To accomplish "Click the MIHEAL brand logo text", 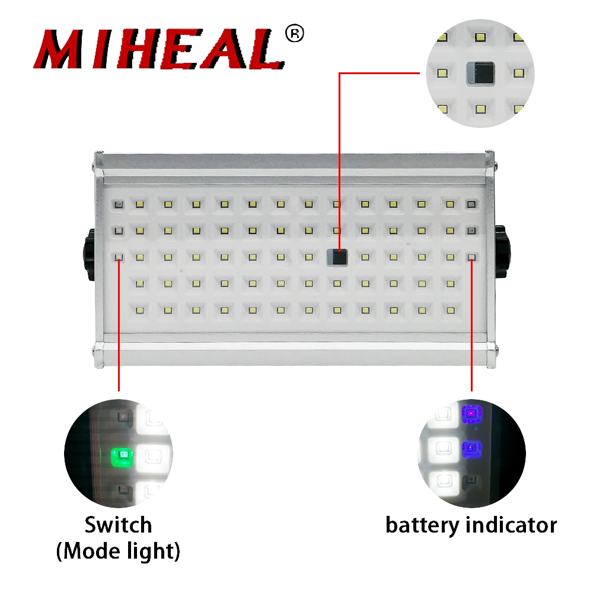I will click(157, 50).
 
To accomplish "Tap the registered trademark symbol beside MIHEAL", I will click(294, 34).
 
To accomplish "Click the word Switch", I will click(118, 525).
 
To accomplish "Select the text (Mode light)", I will click(118, 551).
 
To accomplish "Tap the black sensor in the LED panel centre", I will click(338, 257).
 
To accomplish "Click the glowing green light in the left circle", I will click(123, 455).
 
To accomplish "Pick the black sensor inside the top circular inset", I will click(480, 74).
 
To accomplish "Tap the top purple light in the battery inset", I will click(471, 412).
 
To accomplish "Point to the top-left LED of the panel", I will click(119, 205).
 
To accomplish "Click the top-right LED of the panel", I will click(471, 205).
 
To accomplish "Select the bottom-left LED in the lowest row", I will click(140, 310).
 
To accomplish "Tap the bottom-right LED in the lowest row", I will click(451, 310).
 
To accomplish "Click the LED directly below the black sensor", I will click(337, 283).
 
